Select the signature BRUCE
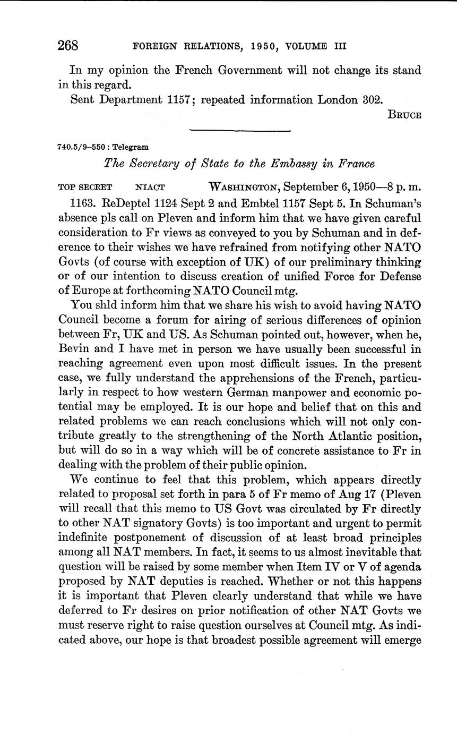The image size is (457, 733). pyautogui.click(x=406, y=115)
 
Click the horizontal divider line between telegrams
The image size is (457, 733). pyautogui.click(x=240, y=131)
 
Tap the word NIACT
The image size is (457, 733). pyautogui.click(x=151, y=187)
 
